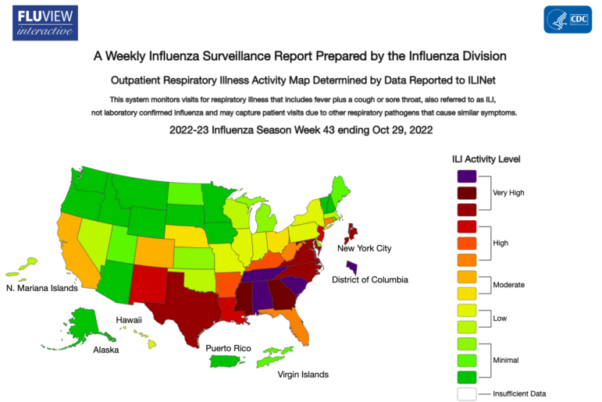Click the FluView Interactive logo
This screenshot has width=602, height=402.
point(45,22)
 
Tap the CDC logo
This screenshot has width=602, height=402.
point(567,20)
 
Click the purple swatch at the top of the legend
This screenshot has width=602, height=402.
point(467,177)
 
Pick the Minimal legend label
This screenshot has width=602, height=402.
point(506,360)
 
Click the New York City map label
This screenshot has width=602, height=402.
point(364,248)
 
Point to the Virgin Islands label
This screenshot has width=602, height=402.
point(303,375)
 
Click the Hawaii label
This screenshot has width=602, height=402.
point(128,320)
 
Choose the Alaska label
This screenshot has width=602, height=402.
point(105,350)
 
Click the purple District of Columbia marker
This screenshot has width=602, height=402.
point(353,267)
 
